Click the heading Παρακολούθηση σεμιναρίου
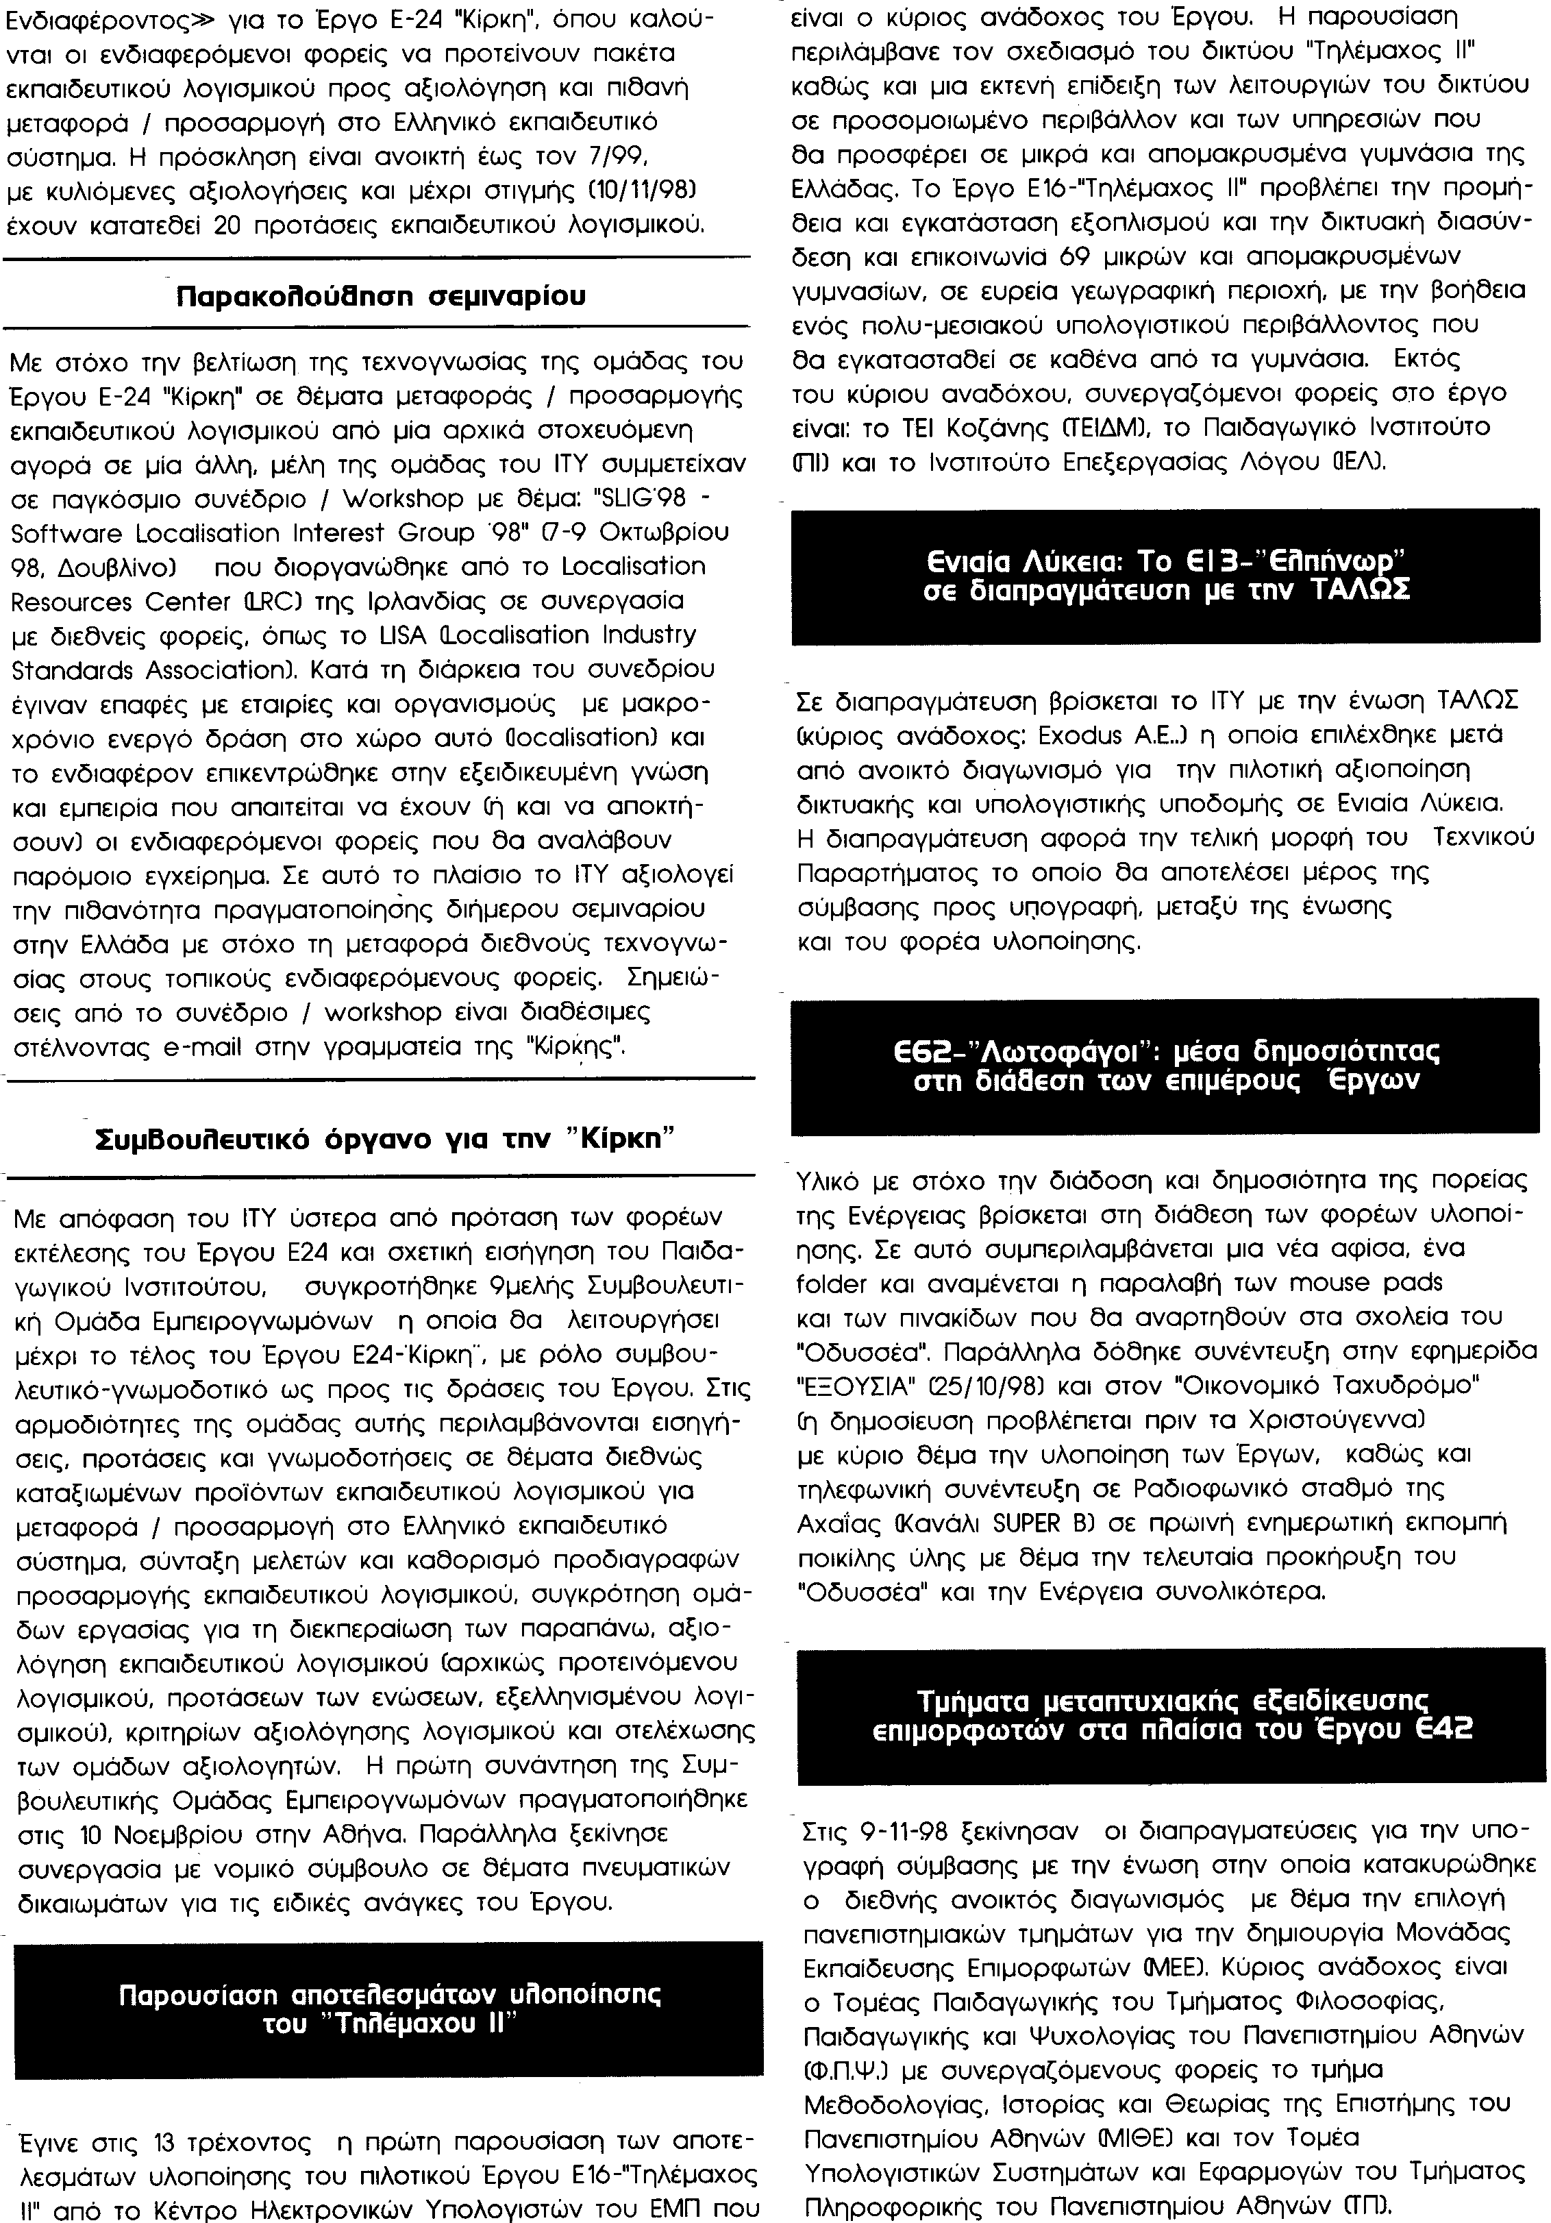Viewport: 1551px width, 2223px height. click(x=382, y=295)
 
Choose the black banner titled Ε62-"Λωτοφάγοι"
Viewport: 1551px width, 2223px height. click(x=1166, y=1065)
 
